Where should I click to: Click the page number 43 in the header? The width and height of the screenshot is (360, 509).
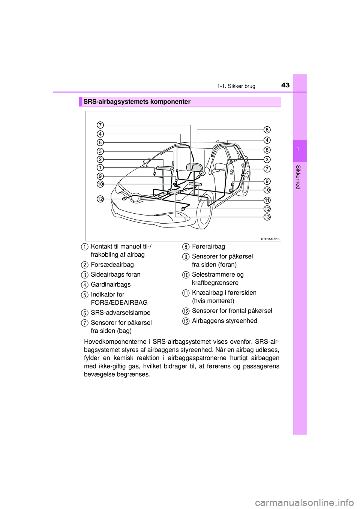[x=285, y=85]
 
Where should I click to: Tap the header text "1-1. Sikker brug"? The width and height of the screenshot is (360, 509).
[x=236, y=86]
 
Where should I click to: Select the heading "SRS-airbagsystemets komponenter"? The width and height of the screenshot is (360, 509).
[x=137, y=102]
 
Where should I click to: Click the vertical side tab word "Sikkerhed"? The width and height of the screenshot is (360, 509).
[x=298, y=177]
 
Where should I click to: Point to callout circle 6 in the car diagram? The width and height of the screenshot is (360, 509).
[x=267, y=130]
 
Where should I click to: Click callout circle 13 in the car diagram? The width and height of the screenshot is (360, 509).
[x=267, y=217]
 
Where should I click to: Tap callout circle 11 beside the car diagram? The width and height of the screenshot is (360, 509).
[x=267, y=199]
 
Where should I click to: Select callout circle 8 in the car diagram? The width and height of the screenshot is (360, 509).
[x=267, y=150]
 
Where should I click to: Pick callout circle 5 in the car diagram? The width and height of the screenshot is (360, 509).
[x=100, y=142]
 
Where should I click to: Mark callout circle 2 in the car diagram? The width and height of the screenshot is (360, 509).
[x=100, y=159]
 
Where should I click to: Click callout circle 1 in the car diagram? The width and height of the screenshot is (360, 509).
[x=100, y=167]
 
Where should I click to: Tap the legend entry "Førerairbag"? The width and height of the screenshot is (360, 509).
[x=208, y=246]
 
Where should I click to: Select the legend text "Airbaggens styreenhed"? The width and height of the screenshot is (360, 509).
[x=225, y=321]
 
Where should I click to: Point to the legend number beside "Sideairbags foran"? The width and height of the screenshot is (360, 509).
[x=85, y=275]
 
